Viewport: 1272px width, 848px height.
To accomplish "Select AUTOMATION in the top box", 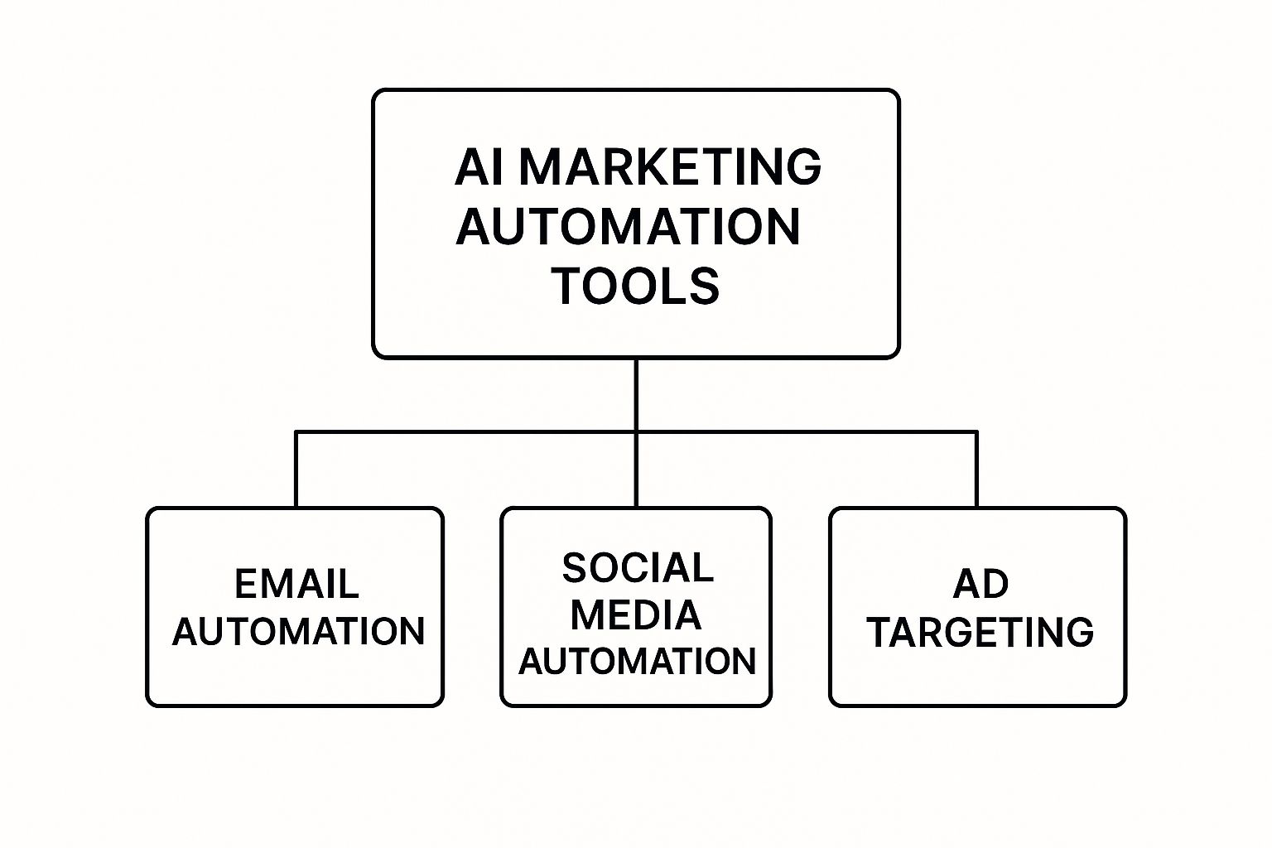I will tap(628, 226).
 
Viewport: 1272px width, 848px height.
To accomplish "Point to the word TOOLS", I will tap(635, 286).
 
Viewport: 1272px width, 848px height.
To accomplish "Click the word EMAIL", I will tap(296, 585).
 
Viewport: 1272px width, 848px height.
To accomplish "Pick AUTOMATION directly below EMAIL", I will tap(297, 632).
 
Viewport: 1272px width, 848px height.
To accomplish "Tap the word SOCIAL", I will tap(637, 568).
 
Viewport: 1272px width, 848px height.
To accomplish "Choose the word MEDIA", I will tap(635, 615).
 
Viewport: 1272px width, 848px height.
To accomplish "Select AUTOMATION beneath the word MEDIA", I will tap(637, 662).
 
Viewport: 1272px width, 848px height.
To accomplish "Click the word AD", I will tap(980, 585).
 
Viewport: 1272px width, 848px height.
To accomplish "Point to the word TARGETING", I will tap(980, 633).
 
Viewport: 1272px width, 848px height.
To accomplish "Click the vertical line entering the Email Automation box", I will tap(296, 470).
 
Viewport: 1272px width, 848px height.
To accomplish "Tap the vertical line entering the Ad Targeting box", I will tap(977, 470).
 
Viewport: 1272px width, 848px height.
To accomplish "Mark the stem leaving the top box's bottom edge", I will tap(636, 393).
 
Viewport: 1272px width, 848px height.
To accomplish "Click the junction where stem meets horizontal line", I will tap(636, 431).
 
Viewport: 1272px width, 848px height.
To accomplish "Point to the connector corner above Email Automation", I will tap(296, 431).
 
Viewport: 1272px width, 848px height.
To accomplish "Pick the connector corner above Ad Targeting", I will tap(977, 431).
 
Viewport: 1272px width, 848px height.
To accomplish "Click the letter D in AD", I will tap(995, 585).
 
